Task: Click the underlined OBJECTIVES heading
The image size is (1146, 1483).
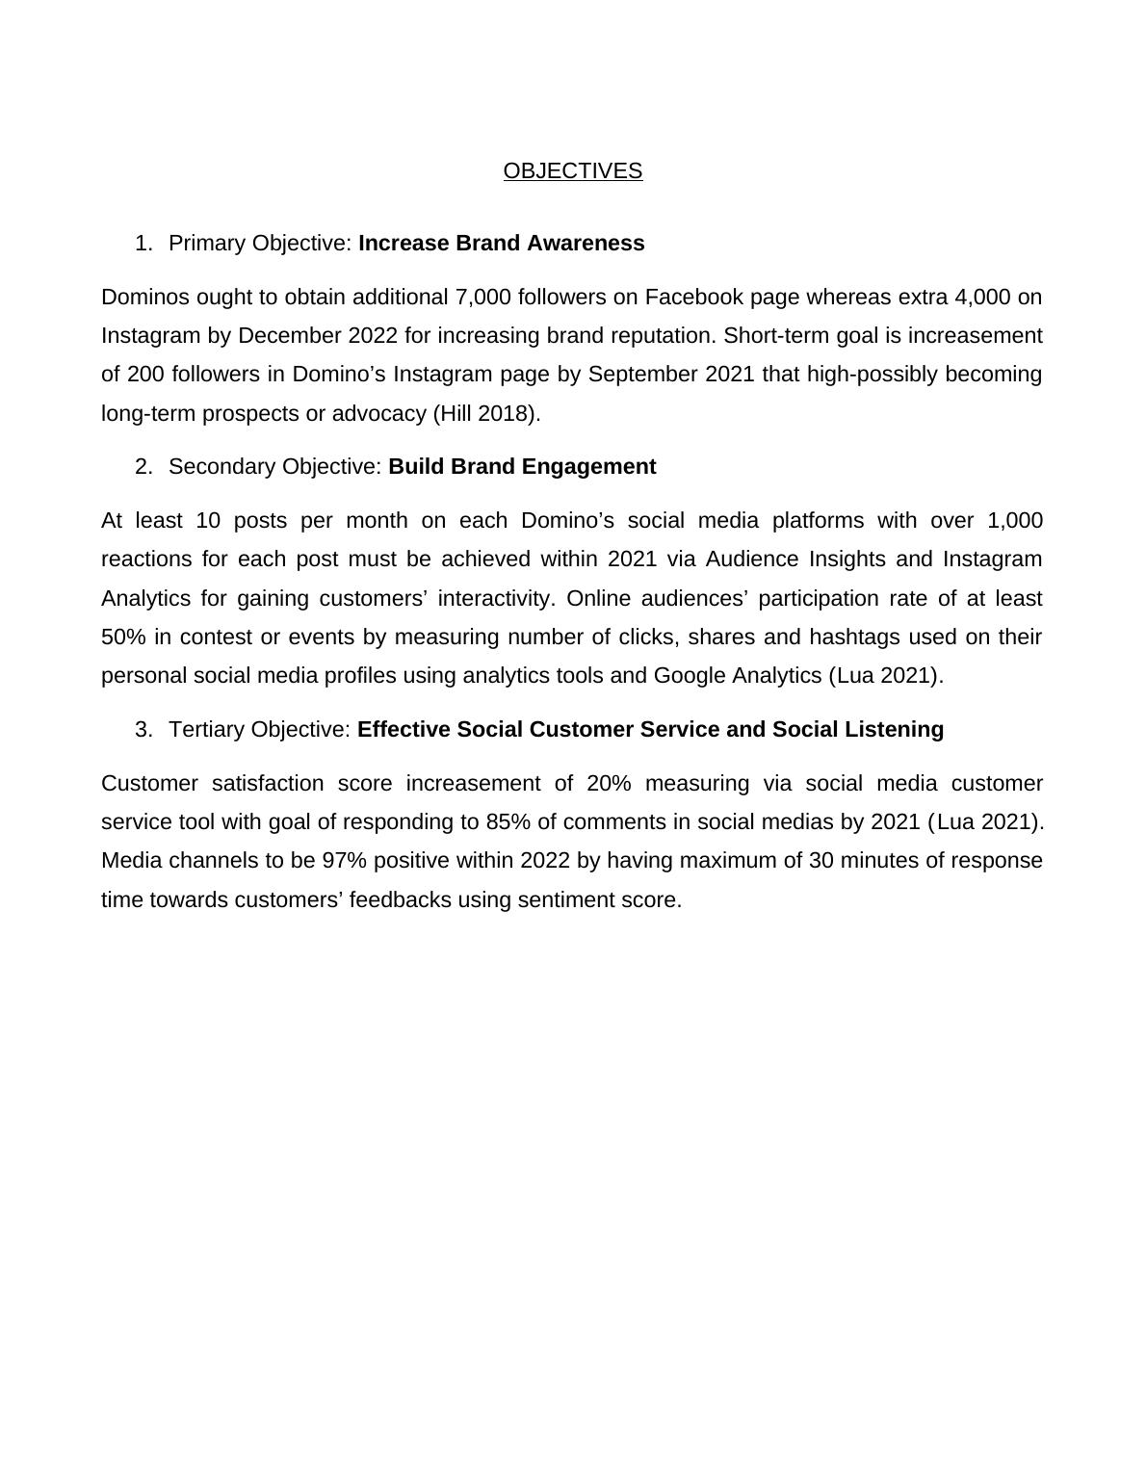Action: (x=572, y=171)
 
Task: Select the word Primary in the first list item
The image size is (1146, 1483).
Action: (x=207, y=244)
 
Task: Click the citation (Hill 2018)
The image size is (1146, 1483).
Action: (x=487, y=414)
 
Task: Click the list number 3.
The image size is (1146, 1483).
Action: (x=143, y=730)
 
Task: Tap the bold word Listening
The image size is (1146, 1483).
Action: (x=894, y=730)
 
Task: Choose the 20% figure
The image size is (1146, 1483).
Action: (x=609, y=784)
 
